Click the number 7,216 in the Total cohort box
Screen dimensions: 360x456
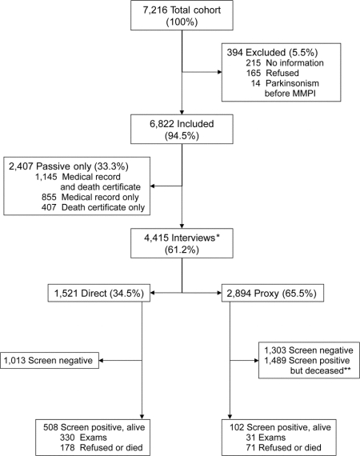point(155,10)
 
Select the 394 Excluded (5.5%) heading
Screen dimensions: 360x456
point(272,52)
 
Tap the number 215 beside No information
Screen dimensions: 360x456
point(254,63)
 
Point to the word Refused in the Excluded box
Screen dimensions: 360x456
point(282,73)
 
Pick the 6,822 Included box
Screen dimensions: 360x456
point(182,129)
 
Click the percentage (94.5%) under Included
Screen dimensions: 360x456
point(182,135)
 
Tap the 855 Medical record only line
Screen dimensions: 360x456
point(90,197)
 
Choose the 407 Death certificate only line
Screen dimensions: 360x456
point(93,208)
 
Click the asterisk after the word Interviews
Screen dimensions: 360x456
point(218,236)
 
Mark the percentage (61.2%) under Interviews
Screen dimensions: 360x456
point(182,250)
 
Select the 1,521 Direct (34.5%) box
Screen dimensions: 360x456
point(99,293)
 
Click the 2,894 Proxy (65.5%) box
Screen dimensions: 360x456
point(273,293)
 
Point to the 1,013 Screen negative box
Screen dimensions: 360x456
point(50,361)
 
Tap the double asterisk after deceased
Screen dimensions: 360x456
point(348,369)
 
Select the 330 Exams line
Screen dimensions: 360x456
point(83,438)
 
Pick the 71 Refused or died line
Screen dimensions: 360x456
point(283,447)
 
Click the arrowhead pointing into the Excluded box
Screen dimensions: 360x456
point(219,72)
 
